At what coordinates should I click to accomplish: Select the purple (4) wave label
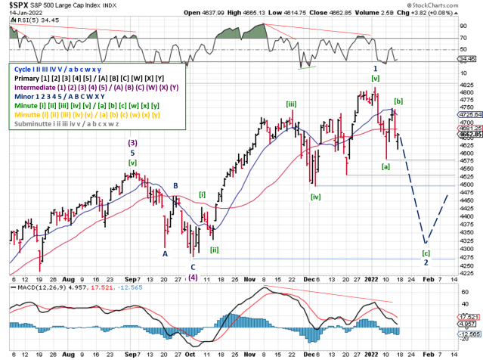tap(194, 277)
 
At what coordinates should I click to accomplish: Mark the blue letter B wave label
tap(175, 185)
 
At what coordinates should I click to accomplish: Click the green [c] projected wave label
tap(426, 253)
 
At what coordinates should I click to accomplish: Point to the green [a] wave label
tap(385, 166)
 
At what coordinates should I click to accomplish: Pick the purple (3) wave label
tap(133, 142)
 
